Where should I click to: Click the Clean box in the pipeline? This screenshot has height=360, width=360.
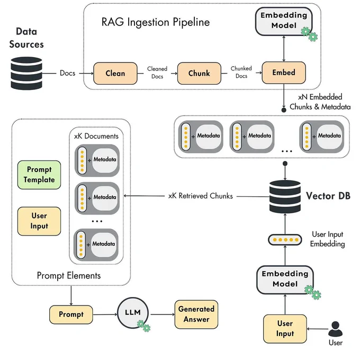pos(115,73)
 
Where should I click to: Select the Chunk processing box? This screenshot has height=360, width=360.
pos(199,73)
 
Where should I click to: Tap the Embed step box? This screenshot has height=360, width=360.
pos(284,73)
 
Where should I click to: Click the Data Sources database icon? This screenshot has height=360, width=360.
pos(26,73)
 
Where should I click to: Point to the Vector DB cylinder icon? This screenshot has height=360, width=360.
pos(285,196)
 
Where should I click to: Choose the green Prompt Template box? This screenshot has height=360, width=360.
pos(39,175)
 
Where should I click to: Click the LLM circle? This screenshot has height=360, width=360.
pos(133,313)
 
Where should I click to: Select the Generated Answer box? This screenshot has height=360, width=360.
pos(196,314)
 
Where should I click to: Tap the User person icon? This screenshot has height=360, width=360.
pos(336,329)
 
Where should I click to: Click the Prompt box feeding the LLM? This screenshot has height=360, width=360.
pos(71,314)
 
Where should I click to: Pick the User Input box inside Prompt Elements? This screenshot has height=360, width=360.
pos(39,221)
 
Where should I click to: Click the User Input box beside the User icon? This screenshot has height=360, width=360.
pos(285,329)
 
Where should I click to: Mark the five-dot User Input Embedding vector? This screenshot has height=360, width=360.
pos(285,240)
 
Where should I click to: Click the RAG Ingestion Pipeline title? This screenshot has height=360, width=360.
pos(156,22)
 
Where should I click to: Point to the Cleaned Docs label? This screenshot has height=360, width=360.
pos(157,73)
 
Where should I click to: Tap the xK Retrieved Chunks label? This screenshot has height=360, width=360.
pos(201,196)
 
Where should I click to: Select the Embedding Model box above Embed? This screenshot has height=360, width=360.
pos(284,21)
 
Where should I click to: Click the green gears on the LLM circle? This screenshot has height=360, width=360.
pos(143,326)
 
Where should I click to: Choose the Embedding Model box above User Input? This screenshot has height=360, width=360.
pos(285,280)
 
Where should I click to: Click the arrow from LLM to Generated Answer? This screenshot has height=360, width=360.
pos(163,314)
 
